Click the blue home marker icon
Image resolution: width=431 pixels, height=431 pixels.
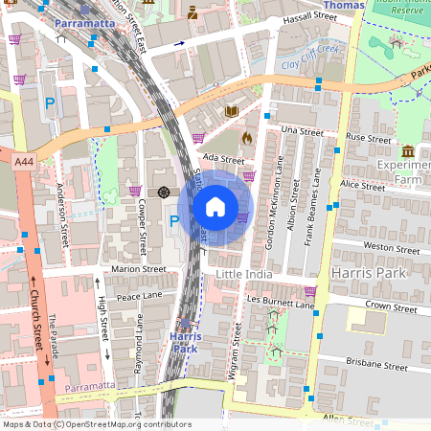215,206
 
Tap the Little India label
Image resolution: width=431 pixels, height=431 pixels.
244,275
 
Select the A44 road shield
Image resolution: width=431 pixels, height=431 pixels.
24,164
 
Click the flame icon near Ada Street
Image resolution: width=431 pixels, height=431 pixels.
247,138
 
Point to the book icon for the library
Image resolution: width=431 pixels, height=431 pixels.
231,112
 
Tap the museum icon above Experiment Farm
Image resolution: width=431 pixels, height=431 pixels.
408,151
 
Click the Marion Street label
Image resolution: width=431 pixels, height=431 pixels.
139,270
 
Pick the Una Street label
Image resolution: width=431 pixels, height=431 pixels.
303,131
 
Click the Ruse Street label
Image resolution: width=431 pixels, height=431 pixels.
369,139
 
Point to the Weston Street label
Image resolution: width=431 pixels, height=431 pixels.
392,247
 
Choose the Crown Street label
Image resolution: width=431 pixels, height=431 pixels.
391,308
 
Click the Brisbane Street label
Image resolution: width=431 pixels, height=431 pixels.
376,365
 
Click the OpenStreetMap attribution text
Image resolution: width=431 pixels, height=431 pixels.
96,424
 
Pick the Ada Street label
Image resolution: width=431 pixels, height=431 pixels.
225,160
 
